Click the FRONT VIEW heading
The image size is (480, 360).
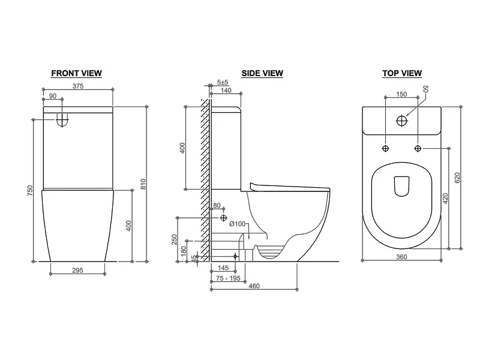pyautogui.click(x=77, y=73)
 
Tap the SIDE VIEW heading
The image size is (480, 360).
pyautogui.click(x=262, y=73)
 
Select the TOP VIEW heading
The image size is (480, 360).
pyautogui.click(x=402, y=73)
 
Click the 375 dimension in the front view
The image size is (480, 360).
pyautogui.click(x=78, y=86)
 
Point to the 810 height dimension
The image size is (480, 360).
pyautogui.click(x=143, y=184)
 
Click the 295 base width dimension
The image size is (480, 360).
pyautogui.click(x=77, y=271)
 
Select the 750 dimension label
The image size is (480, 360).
pyautogui.click(x=29, y=191)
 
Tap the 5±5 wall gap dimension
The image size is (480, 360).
pyautogui.click(x=223, y=82)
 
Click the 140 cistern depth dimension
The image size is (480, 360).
pyautogui.click(x=226, y=91)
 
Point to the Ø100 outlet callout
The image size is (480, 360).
pyautogui.click(x=238, y=224)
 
